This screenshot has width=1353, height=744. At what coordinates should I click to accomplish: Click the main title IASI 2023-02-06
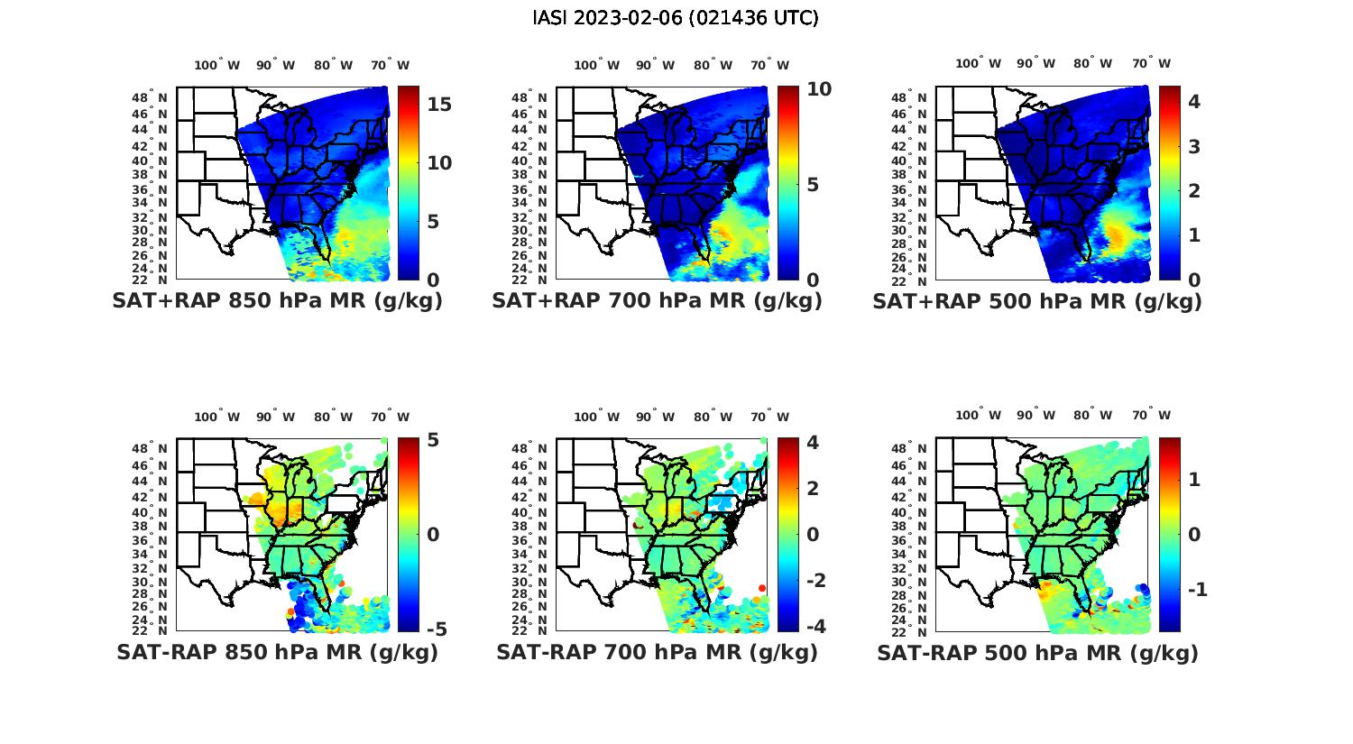point(676,18)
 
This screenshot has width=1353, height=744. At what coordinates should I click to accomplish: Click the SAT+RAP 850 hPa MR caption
point(277,301)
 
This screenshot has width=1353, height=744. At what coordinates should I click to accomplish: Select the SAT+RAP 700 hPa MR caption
point(657,301)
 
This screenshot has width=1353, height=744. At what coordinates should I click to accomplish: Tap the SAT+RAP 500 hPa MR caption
point(1036,301)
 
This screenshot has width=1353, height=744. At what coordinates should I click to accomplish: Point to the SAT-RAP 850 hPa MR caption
point(277,652)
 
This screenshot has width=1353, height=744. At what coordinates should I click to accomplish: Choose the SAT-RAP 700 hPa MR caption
point(657,652)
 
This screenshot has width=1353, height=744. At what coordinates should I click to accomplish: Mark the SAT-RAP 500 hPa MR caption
point(1036,652)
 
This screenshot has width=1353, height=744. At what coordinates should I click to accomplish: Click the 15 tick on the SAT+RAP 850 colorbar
point(439,104)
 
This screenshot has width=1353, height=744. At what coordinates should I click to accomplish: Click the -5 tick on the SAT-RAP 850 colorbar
point(436,629)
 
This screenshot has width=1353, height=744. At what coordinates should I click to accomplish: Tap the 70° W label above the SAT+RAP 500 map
point(1151,63)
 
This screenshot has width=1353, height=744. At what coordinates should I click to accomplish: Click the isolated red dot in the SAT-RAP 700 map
point(762,588)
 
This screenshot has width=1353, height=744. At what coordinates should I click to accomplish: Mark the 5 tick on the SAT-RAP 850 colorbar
point(433,440)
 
